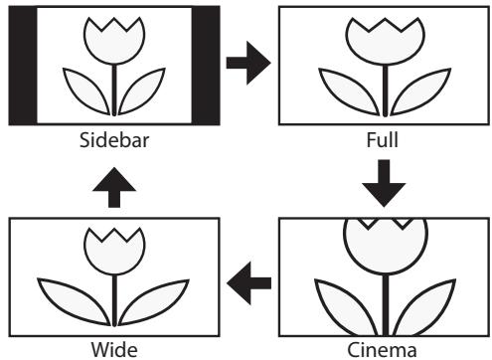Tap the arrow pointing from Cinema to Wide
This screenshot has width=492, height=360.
coord(246,285)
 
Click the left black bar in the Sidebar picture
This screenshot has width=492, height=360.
coord(22,66)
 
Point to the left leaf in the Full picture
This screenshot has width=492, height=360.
coord(343,91)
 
